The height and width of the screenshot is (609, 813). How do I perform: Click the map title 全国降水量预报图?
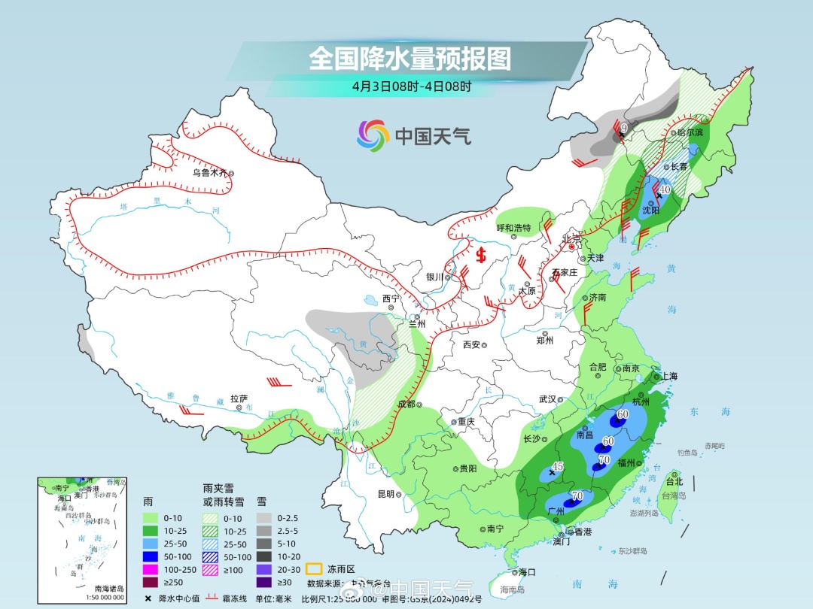(x=410, y=59)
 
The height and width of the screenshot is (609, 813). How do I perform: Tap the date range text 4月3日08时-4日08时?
(x=411, y=86)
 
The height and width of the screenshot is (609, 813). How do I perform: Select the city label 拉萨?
(x=239, y=398)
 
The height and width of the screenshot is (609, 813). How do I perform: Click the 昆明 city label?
(x=385, y=494)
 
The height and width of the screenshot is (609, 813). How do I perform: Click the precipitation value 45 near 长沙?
(x=558, y=467)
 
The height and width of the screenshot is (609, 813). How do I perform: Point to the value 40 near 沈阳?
(x=665, y=189)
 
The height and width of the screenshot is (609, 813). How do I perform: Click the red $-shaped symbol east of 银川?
(x=481, y=255)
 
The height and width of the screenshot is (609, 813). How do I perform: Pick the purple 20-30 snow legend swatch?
(x=264, y=569)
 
